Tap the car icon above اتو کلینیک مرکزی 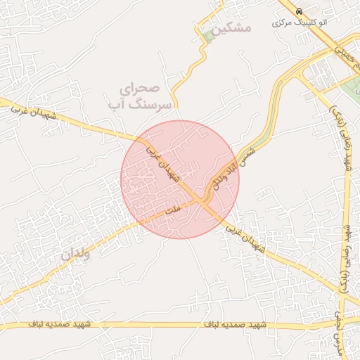tap(300, 12)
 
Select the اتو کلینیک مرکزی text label tap(300, 22)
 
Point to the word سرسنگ tap(144, 104)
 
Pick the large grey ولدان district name tap(75, 255)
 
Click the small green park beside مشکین tap(207, 37)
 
